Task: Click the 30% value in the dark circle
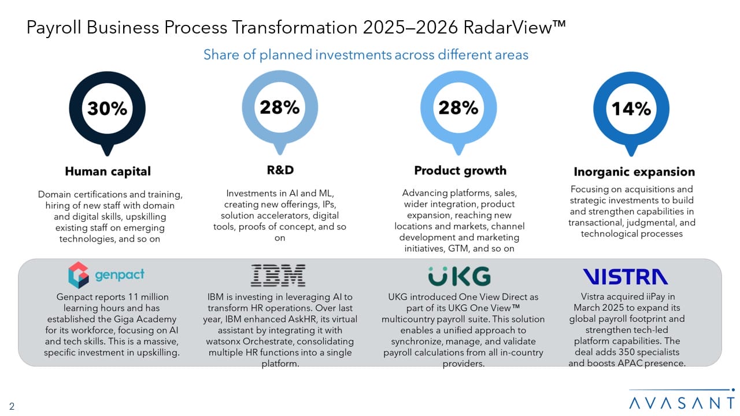(107, 109)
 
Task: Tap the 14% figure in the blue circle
(631, 109)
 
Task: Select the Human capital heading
(108, 171)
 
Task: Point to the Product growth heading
(460, 170)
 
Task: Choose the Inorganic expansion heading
(634, 172)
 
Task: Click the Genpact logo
(106, 275)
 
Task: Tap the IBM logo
(279, 276)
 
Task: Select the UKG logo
(460, 276)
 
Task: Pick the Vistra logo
(625, 277)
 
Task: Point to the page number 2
(12, 406)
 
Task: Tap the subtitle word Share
(220, 55)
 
